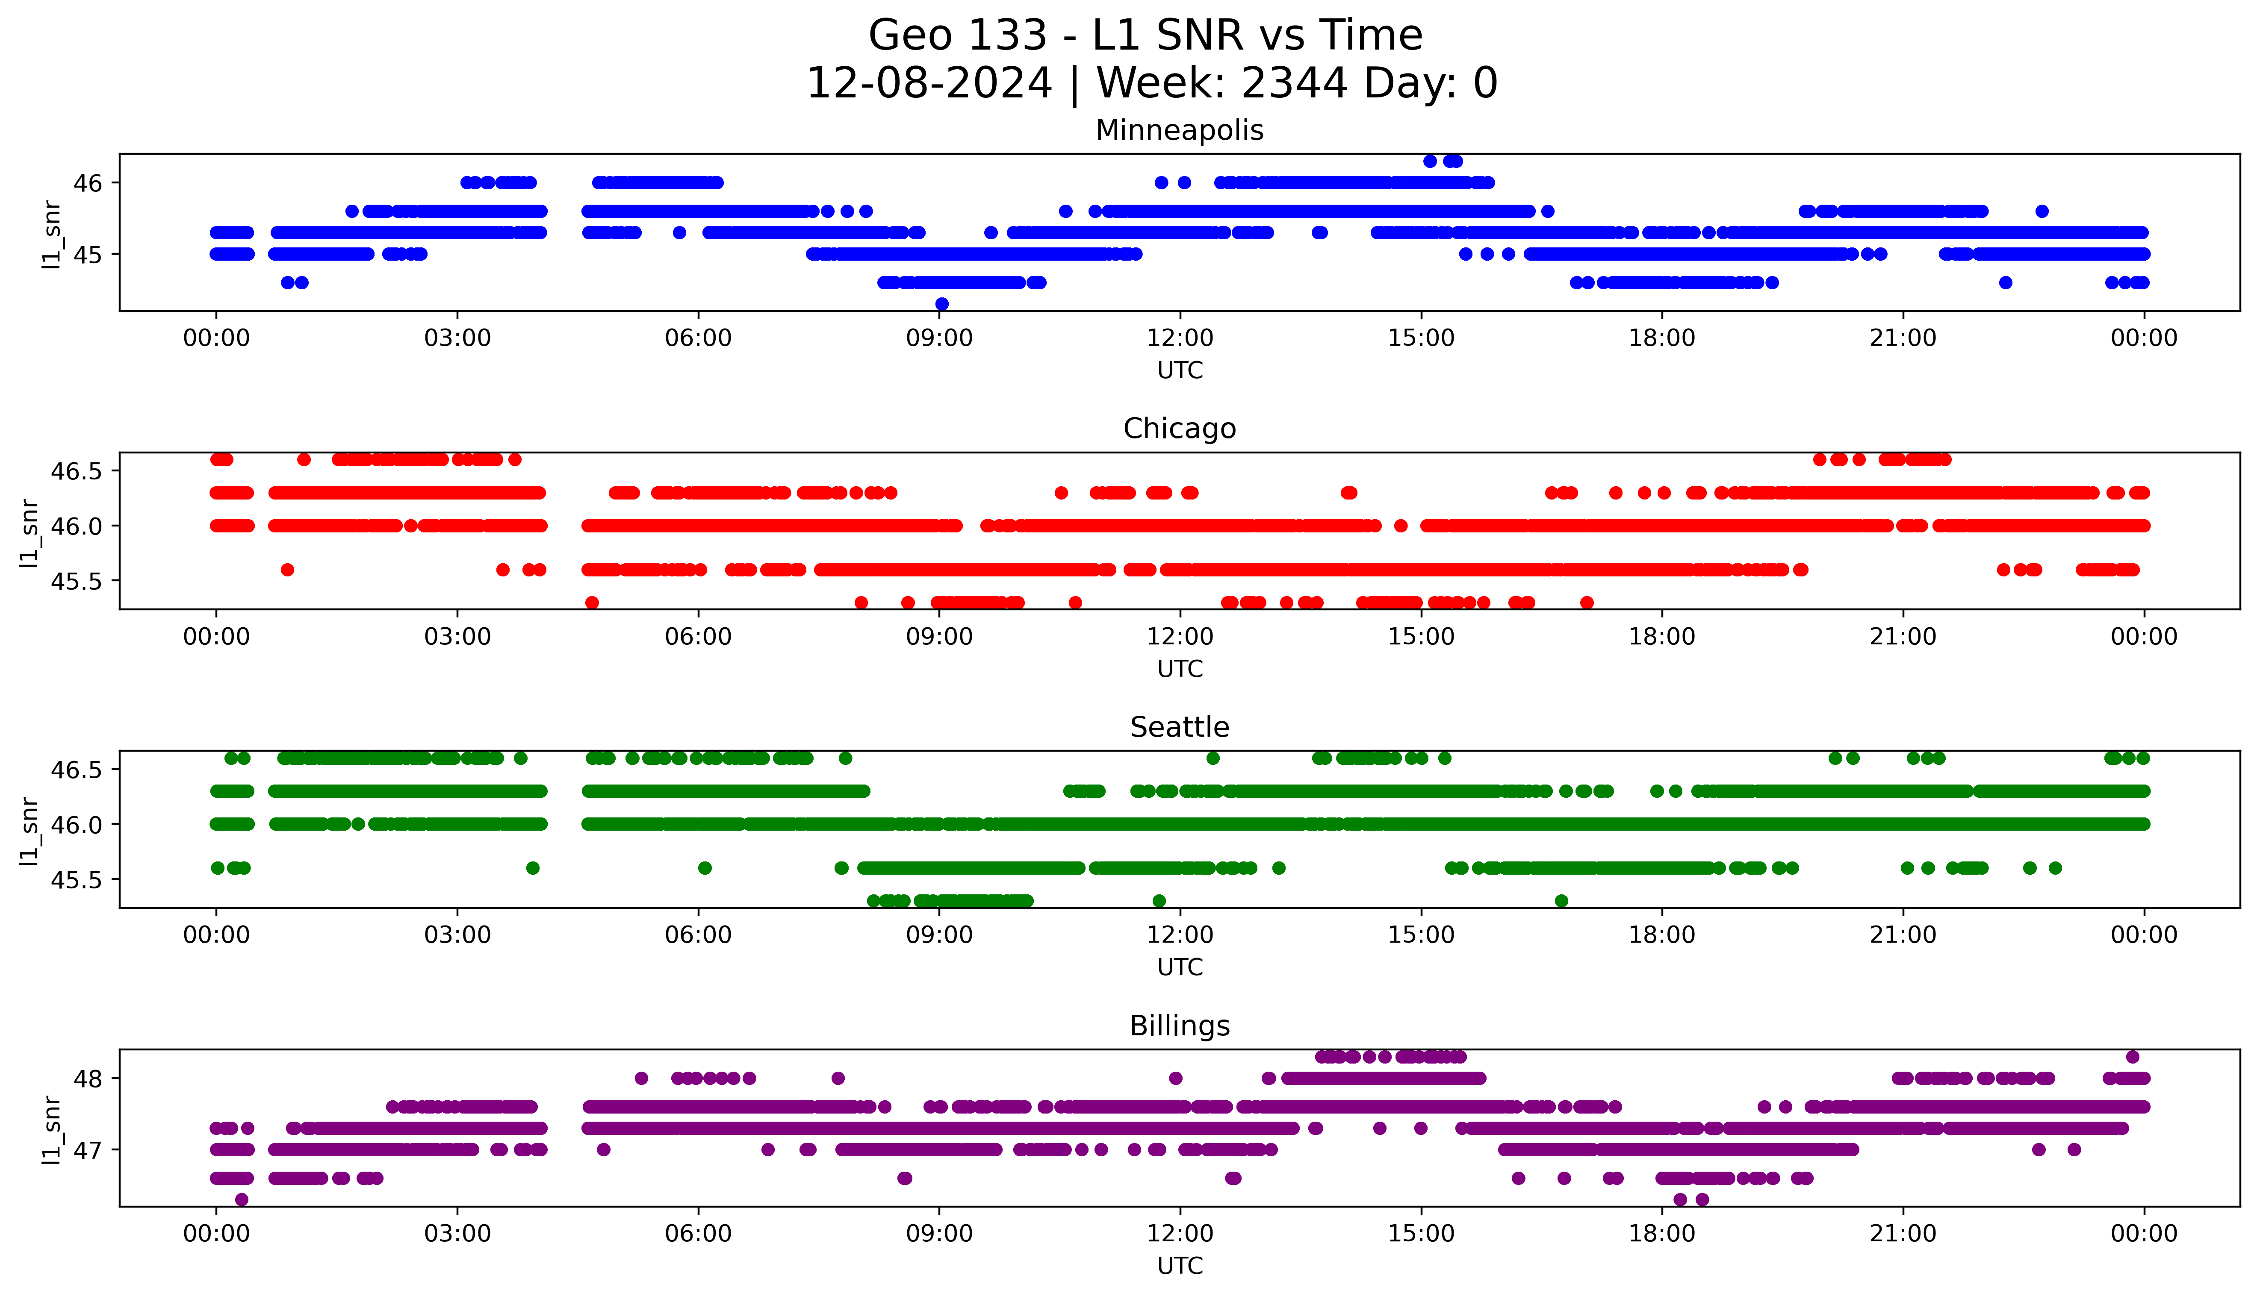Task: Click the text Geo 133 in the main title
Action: (x=957, y=35)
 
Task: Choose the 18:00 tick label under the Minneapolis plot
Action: (x=1661, y=338)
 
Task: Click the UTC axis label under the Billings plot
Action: (x=1180, y=1265)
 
